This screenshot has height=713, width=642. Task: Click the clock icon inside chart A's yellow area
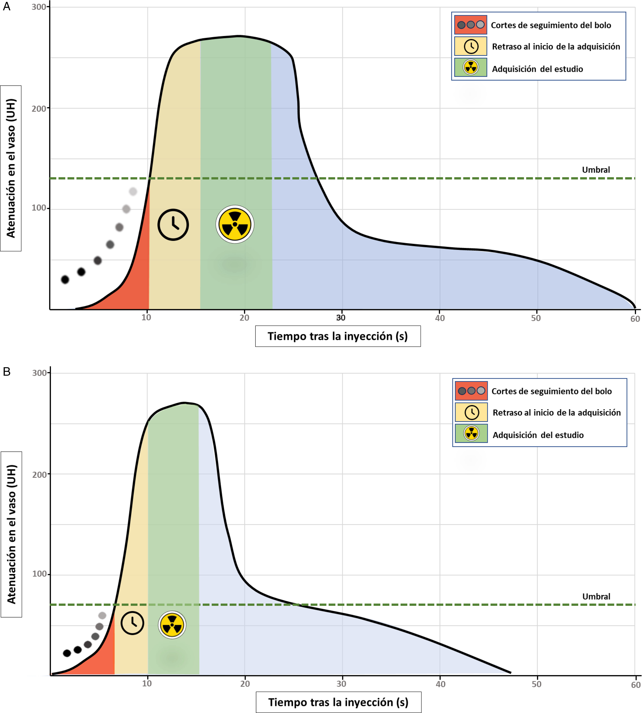coord(173,225)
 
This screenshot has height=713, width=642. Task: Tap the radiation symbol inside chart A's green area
coord(235,224)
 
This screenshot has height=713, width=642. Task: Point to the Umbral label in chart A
coord(596,170)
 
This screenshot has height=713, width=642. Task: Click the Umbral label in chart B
coord(596,596)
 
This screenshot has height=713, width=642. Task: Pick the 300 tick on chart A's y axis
coord(39,7)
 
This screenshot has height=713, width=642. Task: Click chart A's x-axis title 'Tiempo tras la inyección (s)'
coord(338,336)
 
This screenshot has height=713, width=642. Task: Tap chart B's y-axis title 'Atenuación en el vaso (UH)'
coord(11,534)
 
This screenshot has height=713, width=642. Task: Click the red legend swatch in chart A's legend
coord(471,25)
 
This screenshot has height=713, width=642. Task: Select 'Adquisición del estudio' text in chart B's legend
coord(538,435)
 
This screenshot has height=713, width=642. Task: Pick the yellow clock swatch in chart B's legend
coord(471,412)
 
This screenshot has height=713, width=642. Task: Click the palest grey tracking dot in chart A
coord(133,191)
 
